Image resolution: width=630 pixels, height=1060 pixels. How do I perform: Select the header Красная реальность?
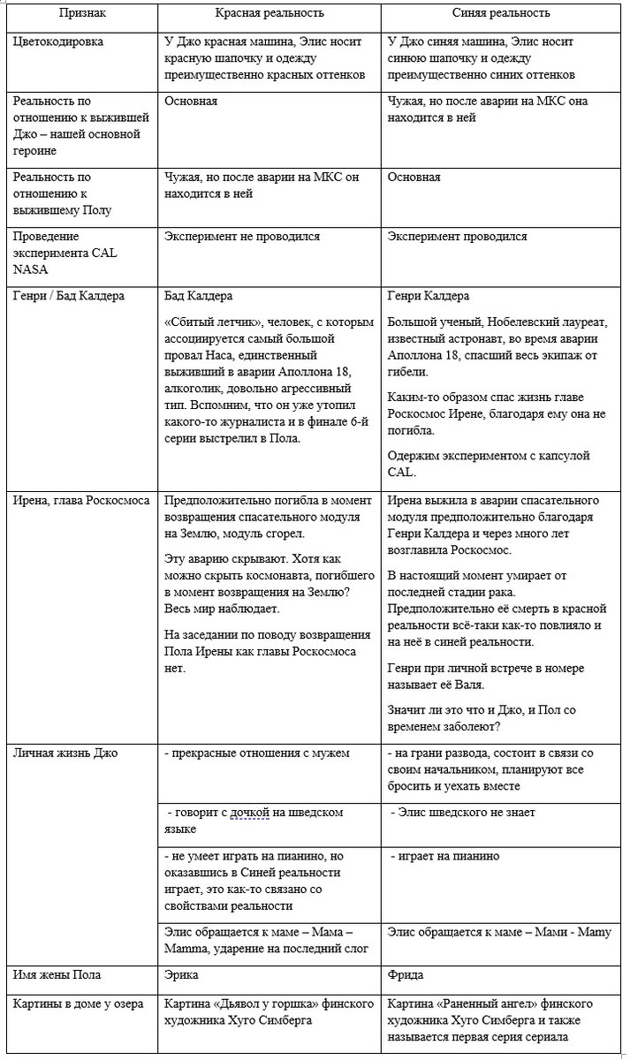coord(269,13)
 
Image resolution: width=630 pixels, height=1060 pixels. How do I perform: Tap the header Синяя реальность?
coord(505,13)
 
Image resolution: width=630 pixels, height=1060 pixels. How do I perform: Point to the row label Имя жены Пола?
coord(57,975)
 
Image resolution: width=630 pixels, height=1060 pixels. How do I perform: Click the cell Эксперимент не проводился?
coord(242,237)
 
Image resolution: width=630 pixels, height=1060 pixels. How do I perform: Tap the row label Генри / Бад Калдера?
coord(70,296)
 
